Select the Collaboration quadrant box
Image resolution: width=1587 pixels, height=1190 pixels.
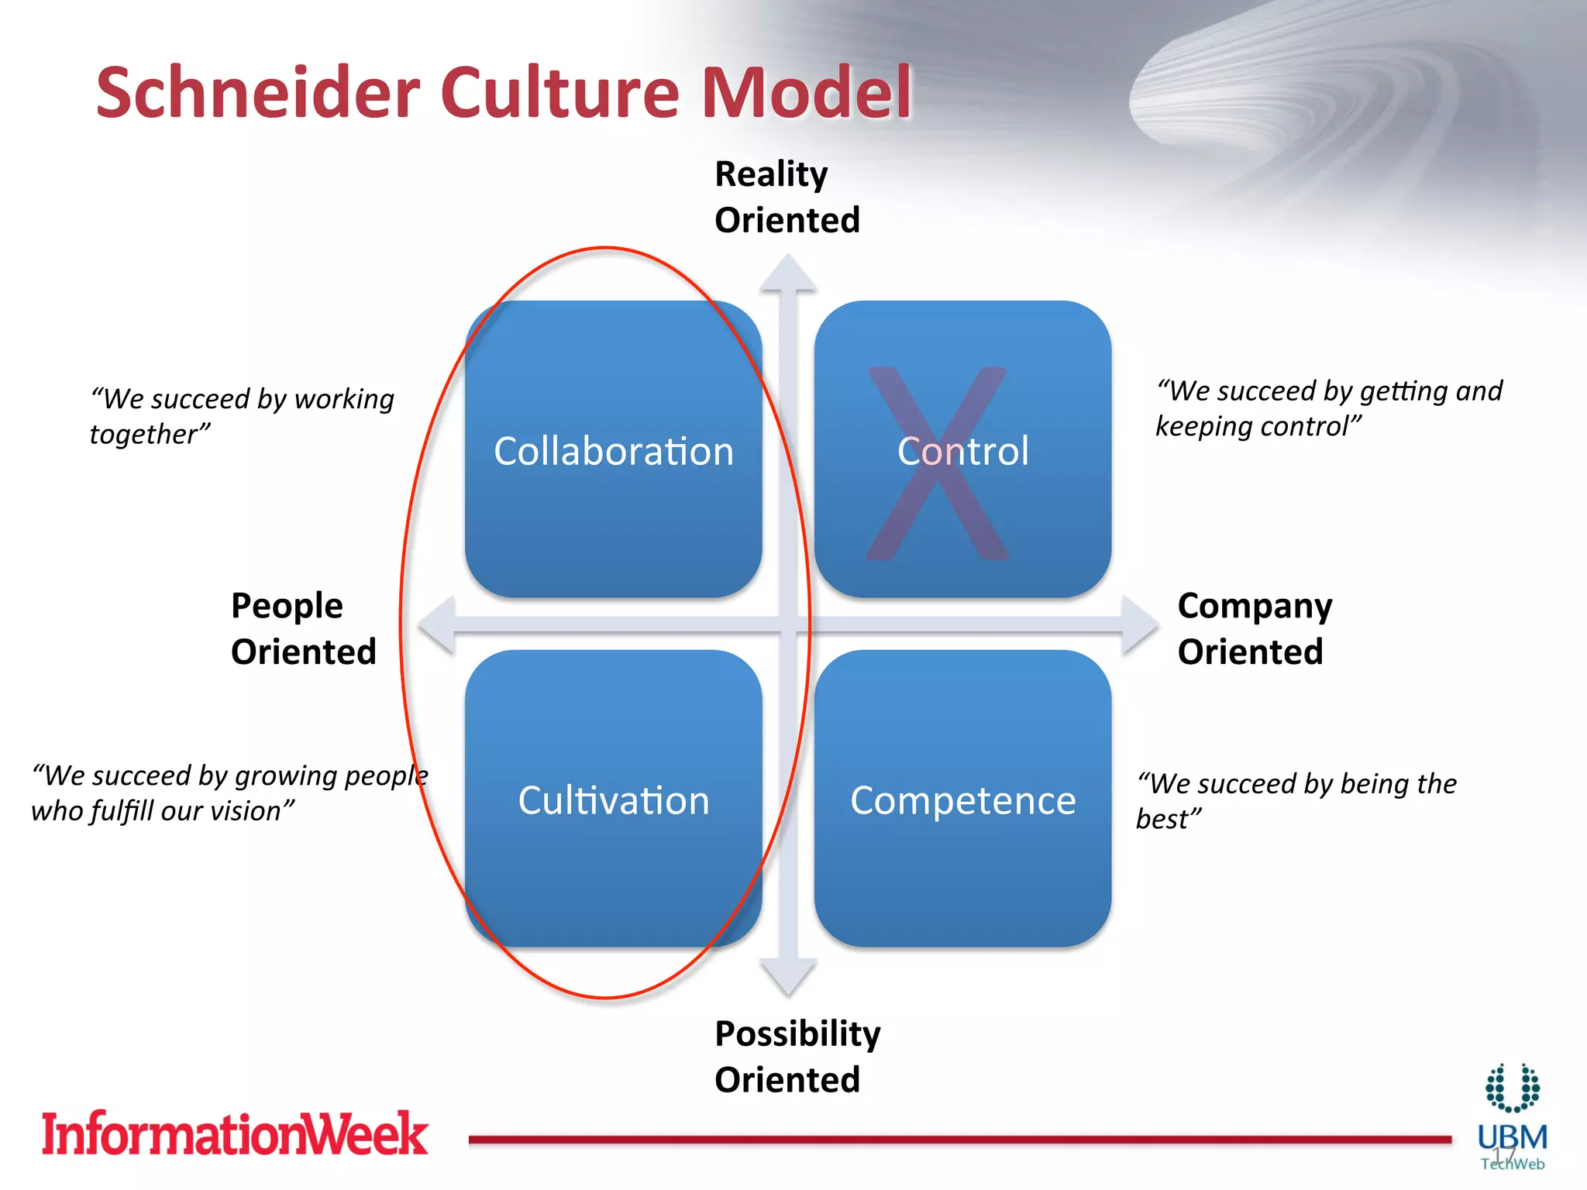pyautogui.click(x=613, y=450)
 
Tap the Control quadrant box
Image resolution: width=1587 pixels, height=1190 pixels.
pyautogui.click(x=962, y=450)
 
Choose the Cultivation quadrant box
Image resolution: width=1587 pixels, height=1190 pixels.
pyautogui.click(x=613, y=800)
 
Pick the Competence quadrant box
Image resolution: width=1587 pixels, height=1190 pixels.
pyautogui.click(x=962, y=800)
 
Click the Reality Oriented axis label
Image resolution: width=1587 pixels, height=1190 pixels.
pyautogui.click(x=787, y=197)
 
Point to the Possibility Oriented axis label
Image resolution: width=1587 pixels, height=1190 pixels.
pyautogui.click(x=797, y=1056)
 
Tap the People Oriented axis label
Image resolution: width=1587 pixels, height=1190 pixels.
pyautogui.click(x=303, y=628)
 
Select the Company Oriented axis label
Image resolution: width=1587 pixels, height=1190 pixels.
pyautogui.click(x=1254, y=628)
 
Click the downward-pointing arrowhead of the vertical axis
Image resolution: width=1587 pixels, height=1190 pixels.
pyautogui.click(x=788, y=976)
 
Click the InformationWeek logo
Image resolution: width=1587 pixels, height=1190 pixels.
pyautogui.click(x=234, y=1133)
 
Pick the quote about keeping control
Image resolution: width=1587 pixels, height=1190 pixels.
pyautogui.click(x=1328, y=408)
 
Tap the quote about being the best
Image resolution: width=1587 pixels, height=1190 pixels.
pyautogui.click(x=1296, y=800)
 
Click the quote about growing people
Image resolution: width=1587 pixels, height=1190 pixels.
pyautogui.click(x=229, y=793)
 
